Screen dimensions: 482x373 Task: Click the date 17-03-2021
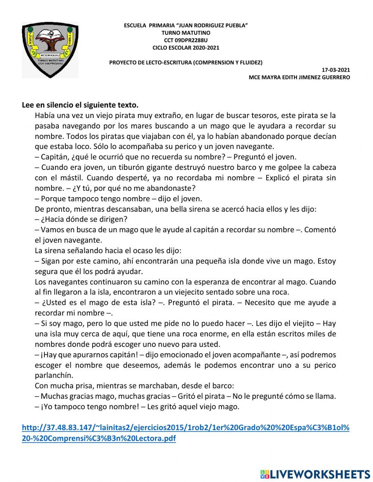tap(336, 70)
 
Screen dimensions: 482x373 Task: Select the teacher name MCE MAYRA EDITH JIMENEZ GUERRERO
tap(299, 77)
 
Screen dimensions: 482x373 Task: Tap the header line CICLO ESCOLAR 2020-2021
tap(186, 47)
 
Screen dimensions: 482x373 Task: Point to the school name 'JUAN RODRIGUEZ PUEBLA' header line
tap(186, 25)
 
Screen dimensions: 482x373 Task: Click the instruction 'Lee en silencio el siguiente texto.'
tap(80, 105)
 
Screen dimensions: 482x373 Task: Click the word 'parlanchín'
tap(54, 375)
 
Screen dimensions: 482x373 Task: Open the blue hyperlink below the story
tap(185, 433)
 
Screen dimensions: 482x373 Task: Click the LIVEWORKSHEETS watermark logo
tap(315, 474)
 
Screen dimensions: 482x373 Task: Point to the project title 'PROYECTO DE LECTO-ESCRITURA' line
tap(185, 62)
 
